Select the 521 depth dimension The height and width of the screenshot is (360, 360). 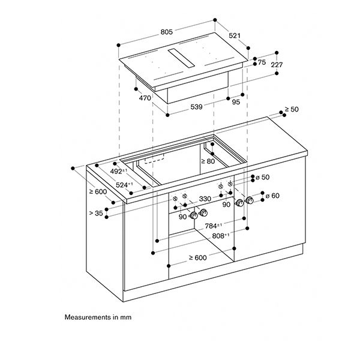235,36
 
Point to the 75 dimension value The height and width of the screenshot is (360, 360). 262,62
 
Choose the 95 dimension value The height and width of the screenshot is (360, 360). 236,103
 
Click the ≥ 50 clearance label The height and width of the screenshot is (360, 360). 291,109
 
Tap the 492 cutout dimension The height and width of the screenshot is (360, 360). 120,172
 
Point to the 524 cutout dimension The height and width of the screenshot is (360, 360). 126,185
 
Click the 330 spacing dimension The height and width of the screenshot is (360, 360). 205,199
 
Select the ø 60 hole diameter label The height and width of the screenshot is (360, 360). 272,196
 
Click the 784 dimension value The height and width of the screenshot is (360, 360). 214,226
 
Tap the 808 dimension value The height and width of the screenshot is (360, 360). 219,236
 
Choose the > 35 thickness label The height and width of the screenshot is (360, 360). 96,212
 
